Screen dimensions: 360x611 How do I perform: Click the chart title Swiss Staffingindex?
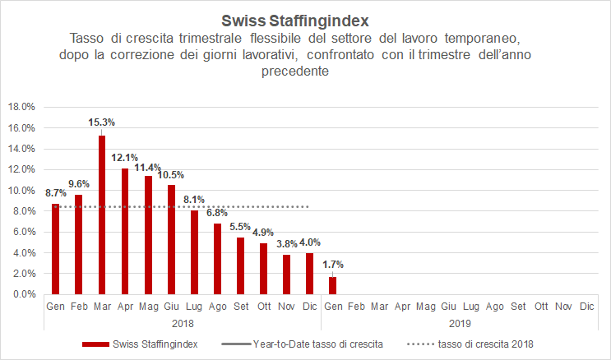pyautogui.click(x=305, y=19)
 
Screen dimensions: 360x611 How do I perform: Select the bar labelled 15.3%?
pyautogui.click(x=101, y=215)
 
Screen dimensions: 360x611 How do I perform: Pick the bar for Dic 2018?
pyautogui.click(x=309, y=273)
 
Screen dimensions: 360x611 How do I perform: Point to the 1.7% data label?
pyautogui.click(x=332, y=265)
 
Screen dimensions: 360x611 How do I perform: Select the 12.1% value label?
pyautogui.click(x=124, y=157)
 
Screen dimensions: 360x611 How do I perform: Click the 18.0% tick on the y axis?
pyautogui.click(x=21, y=107)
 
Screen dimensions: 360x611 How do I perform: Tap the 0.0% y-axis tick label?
pyautogui.click(x=23, y=294)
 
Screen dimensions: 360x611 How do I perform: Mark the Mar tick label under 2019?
pyautogui.click(x=379, y=307)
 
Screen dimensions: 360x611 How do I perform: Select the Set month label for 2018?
pyautogui.click(x=240, y=307)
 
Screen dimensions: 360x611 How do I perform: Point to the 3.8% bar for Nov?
pyautogui.click(x=286, y=275)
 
